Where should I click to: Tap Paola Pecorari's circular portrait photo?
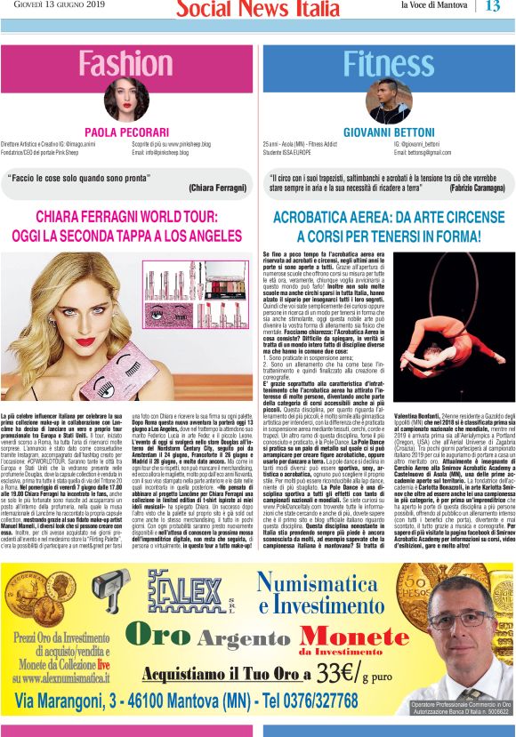point(126,100)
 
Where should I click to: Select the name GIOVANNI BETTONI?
point(388,132)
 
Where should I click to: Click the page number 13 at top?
point(493,7)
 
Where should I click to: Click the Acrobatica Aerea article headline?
point(388,226)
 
